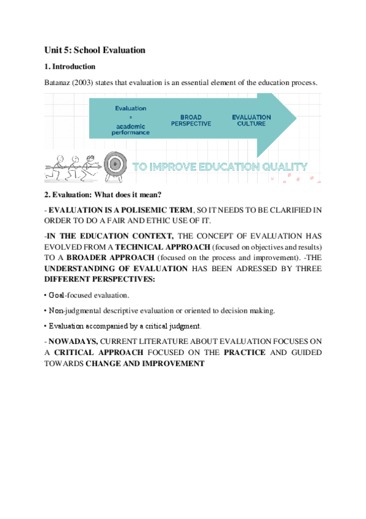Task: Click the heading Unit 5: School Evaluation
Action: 95,50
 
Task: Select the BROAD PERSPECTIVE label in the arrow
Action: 191,119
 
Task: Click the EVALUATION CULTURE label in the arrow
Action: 251,119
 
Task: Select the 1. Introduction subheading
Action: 70,66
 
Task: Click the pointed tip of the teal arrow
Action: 296,117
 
